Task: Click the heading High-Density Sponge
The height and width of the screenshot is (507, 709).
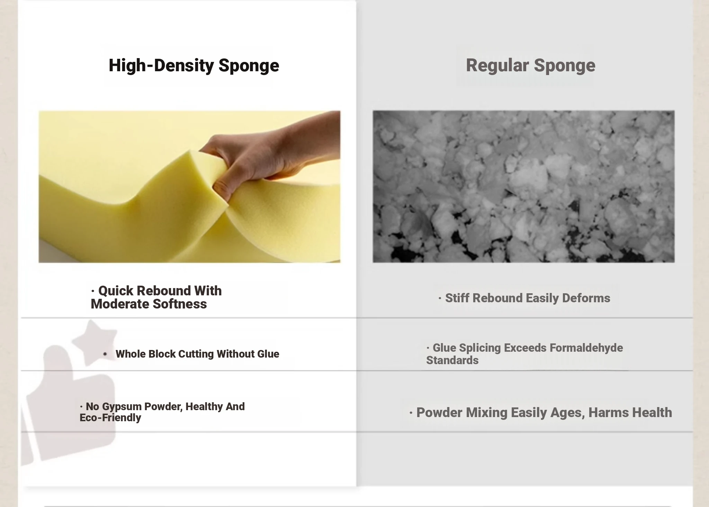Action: point(194,66)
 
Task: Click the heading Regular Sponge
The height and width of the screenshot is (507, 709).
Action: point(530,66)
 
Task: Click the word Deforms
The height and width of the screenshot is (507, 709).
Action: point(586,298)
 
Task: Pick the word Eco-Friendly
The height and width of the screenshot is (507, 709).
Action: point(110,418)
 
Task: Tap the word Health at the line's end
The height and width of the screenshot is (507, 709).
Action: point(651,413)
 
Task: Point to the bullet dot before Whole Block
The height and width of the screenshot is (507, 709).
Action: point(105,354)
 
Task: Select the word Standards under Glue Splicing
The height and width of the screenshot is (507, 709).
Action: point(452,360)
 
